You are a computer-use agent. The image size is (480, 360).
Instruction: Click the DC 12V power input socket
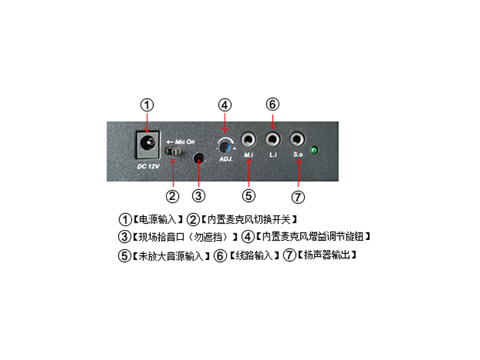click(148, 145)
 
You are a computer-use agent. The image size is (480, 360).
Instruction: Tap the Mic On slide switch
click(173, 151)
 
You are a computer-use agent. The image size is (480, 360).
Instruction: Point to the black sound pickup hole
click(199, 157)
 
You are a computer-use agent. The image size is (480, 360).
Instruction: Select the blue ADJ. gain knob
click(225, 147)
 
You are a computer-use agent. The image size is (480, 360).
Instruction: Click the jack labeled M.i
click(249, 140)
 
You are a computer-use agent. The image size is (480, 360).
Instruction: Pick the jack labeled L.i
click(273, 139)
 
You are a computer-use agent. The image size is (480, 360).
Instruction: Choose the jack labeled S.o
click(297, 139)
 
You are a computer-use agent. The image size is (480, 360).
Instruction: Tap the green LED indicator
click(314, 150)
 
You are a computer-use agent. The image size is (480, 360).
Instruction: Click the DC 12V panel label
click(149, 167)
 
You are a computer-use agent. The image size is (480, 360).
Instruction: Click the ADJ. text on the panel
click(226, 159)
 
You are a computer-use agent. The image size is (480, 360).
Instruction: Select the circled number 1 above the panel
click(147, 105)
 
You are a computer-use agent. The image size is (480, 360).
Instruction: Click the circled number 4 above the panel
click(225, 105)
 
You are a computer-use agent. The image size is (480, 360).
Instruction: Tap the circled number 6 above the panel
click(273, 104)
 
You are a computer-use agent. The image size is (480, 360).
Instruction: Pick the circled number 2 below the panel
click(173, 196)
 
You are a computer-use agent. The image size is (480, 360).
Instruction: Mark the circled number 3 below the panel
click(199, 195)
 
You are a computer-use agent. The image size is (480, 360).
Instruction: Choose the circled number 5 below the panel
click(249, 195)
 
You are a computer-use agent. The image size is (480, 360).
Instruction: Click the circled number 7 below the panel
click(298, 197)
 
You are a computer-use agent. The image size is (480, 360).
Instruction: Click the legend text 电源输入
click(157, 219)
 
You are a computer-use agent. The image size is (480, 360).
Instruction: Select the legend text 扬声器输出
click(327, 255)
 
